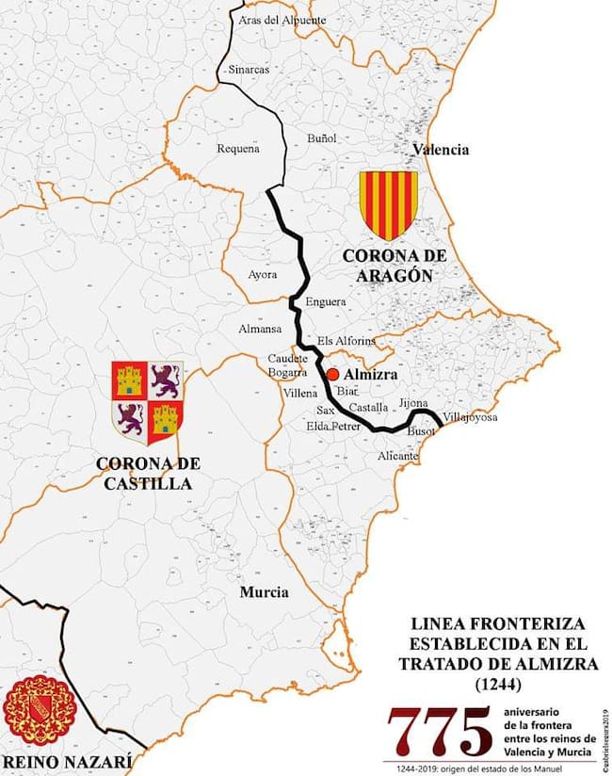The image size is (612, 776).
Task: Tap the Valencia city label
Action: point(441,150)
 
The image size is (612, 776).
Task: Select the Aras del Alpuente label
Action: point(282,19)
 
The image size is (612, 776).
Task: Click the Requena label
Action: point(237,148)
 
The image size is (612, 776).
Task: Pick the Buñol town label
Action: point(321,138)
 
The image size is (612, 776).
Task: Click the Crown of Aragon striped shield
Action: point(388,204)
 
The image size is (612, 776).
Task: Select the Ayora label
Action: point(263,275)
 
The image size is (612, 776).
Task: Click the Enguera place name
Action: point(325,302)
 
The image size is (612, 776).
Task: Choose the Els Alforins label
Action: point(346,340)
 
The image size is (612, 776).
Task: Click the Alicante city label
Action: point(396,456)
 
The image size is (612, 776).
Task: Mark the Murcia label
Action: point(264,592)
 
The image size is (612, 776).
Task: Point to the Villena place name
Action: point(300,392)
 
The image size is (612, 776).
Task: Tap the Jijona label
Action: point(413,403)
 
